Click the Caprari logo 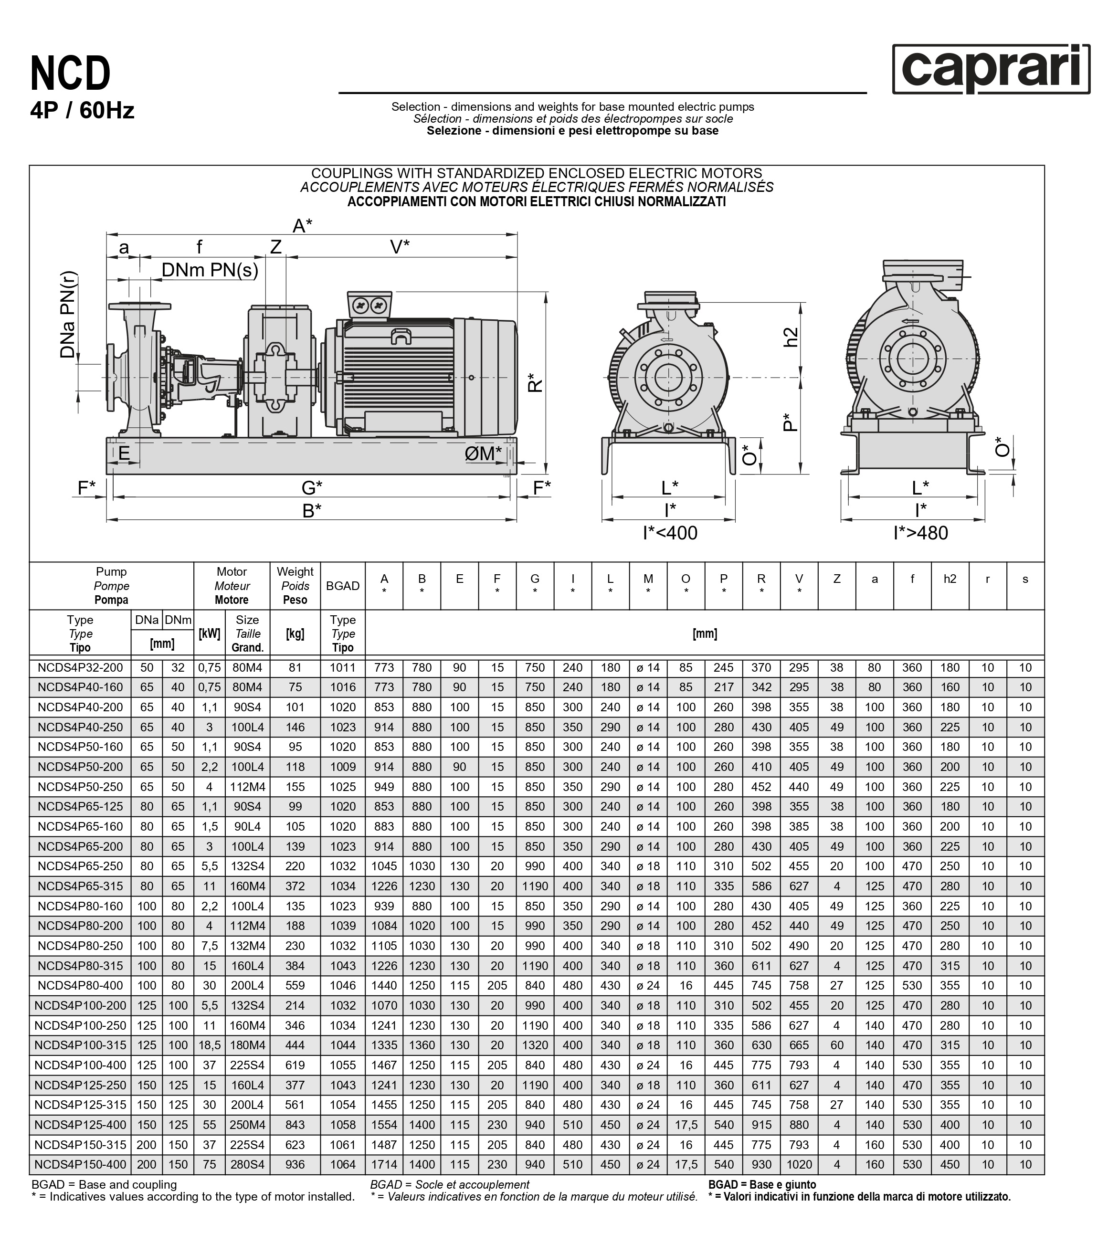[x=990, y=69]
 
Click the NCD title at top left [x=71, y=73]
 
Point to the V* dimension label [x=400, y=247]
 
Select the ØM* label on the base [x=483, y=454]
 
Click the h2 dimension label [x=792, y=337]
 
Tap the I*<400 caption [x=670, y=533]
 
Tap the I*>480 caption [x=920, y=533]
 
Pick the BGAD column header [x=343, y=586]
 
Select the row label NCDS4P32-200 [x=80, y=667]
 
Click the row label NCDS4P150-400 [x=80, y=1164]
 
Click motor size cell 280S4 [x=247, y=1164]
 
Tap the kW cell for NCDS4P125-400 [x=209, y=1125]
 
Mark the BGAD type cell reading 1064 [x=343, y=1164]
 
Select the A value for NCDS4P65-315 [x=384, y=886]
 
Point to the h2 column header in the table [x=950, y=579]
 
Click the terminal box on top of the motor [x=369, y=305]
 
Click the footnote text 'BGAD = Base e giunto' [x=762, y=1184]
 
